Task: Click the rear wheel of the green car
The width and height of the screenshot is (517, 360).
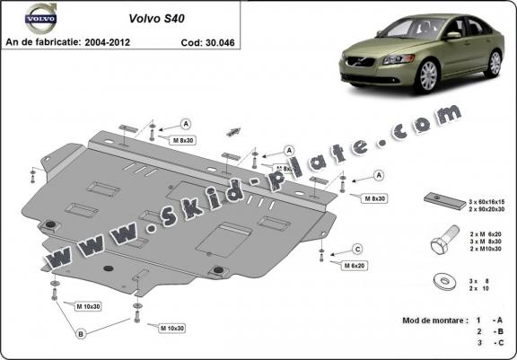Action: [x=494, y=62]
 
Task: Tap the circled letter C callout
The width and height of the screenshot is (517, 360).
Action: [x=356, y=249]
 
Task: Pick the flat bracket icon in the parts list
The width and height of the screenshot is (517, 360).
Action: [x=440, y=202]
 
